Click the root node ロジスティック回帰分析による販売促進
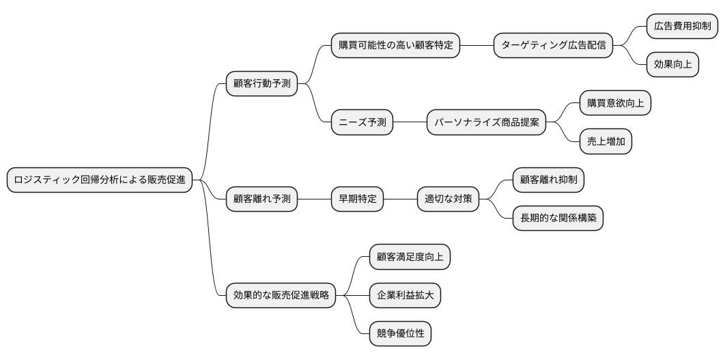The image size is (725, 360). [x=100, y=180]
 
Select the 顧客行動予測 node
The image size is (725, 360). [x=261, y=84]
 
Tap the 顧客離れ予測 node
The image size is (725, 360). [x=261, y=199]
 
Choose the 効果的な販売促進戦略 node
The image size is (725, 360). [x=281, y=295]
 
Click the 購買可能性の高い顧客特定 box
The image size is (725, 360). [x=395, y=46]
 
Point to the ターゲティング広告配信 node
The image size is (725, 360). [x=553, y=46]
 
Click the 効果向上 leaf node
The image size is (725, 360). [x=673, y=65]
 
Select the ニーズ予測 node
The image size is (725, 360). [x=362, y=123]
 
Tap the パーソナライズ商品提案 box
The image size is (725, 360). [x=486, y=123]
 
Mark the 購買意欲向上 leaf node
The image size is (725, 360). [x=615, y=104]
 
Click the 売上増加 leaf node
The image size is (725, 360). [x=606, y=142]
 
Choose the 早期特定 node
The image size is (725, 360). [x=357, y=199]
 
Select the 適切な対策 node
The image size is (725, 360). [x=448, y=199]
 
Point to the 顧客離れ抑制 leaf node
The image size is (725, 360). [x=548, y=180]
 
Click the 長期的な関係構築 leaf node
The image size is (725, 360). [x=558, y=219]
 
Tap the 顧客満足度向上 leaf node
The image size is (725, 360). [x=410, y=257]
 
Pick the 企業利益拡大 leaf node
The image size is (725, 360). [x=405, y=295]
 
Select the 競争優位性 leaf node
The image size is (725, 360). [x=400, y=333]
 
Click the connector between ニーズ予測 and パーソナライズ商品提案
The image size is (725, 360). [x=410, y=123]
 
